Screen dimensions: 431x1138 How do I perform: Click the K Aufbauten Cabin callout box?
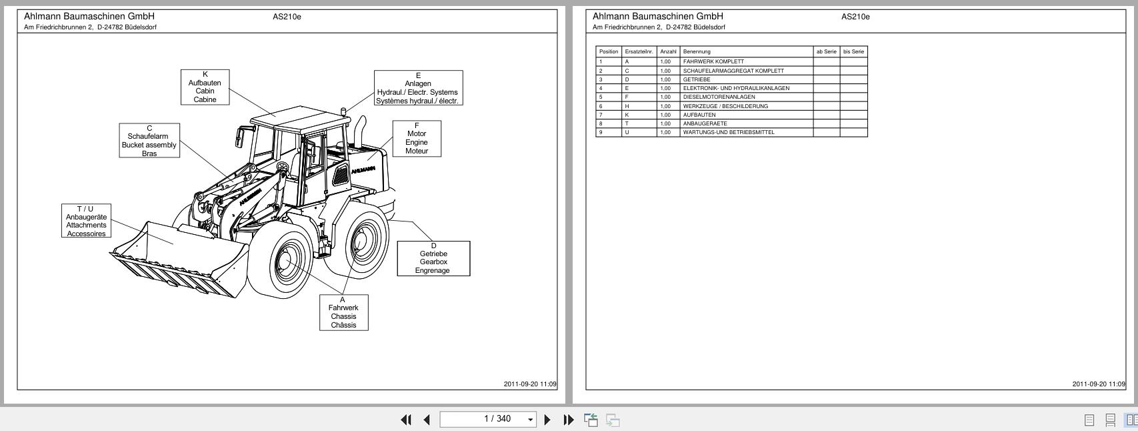click(205, 87)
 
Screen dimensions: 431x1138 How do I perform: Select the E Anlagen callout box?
click(418, 88)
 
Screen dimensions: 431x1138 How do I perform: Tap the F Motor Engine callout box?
click(417, 139)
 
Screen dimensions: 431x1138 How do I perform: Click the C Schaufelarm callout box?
click(149, 141)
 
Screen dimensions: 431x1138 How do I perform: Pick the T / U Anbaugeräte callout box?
click(86, 222)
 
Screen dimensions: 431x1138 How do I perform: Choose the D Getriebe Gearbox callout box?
click(433, 258)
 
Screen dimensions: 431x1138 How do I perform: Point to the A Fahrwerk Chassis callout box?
click(343, 313)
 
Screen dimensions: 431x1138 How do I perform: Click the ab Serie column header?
click(826, 51)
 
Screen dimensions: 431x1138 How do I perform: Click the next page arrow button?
click(548, 420)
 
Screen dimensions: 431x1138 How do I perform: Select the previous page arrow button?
click(427, 420)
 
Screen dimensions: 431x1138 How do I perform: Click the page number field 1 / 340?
click(488, 419)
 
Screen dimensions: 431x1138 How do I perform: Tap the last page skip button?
click(568, 420)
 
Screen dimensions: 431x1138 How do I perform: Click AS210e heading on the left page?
click(287, 17)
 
